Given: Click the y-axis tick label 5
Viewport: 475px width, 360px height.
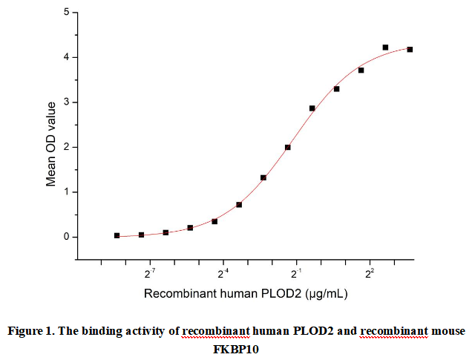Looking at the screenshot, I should click(x=66, y=13).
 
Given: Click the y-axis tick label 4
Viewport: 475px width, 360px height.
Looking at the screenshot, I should click(x=66, y=57).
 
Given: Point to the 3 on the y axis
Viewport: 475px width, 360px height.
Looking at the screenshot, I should click(x=66, y=102).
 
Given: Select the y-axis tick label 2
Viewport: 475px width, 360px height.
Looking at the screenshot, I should click(x=66, y=147).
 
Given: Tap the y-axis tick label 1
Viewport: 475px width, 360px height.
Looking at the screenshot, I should click(x=66, y=192).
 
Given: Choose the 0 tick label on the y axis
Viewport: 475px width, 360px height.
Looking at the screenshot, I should click(x=66, y=238).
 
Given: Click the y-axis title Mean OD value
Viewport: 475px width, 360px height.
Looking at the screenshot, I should click(x=50, y=137).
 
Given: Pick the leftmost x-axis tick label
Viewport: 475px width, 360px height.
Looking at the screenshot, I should click(x=150, y=274).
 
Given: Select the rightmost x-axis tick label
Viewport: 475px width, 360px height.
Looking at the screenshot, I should click(x=369, y=274).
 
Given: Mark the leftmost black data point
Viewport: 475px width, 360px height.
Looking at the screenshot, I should click(x=117, y=235).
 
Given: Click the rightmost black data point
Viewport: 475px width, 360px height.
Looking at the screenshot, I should click(x=410, y=49).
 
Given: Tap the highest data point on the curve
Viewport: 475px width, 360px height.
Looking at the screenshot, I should click(x=385, y=48).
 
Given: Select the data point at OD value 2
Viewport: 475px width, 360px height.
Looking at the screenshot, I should click(x=287, y=147).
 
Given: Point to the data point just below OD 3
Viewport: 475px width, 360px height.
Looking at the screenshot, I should click(x=312, y=108).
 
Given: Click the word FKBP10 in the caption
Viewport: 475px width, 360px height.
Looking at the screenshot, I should click(x=237, y=347).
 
